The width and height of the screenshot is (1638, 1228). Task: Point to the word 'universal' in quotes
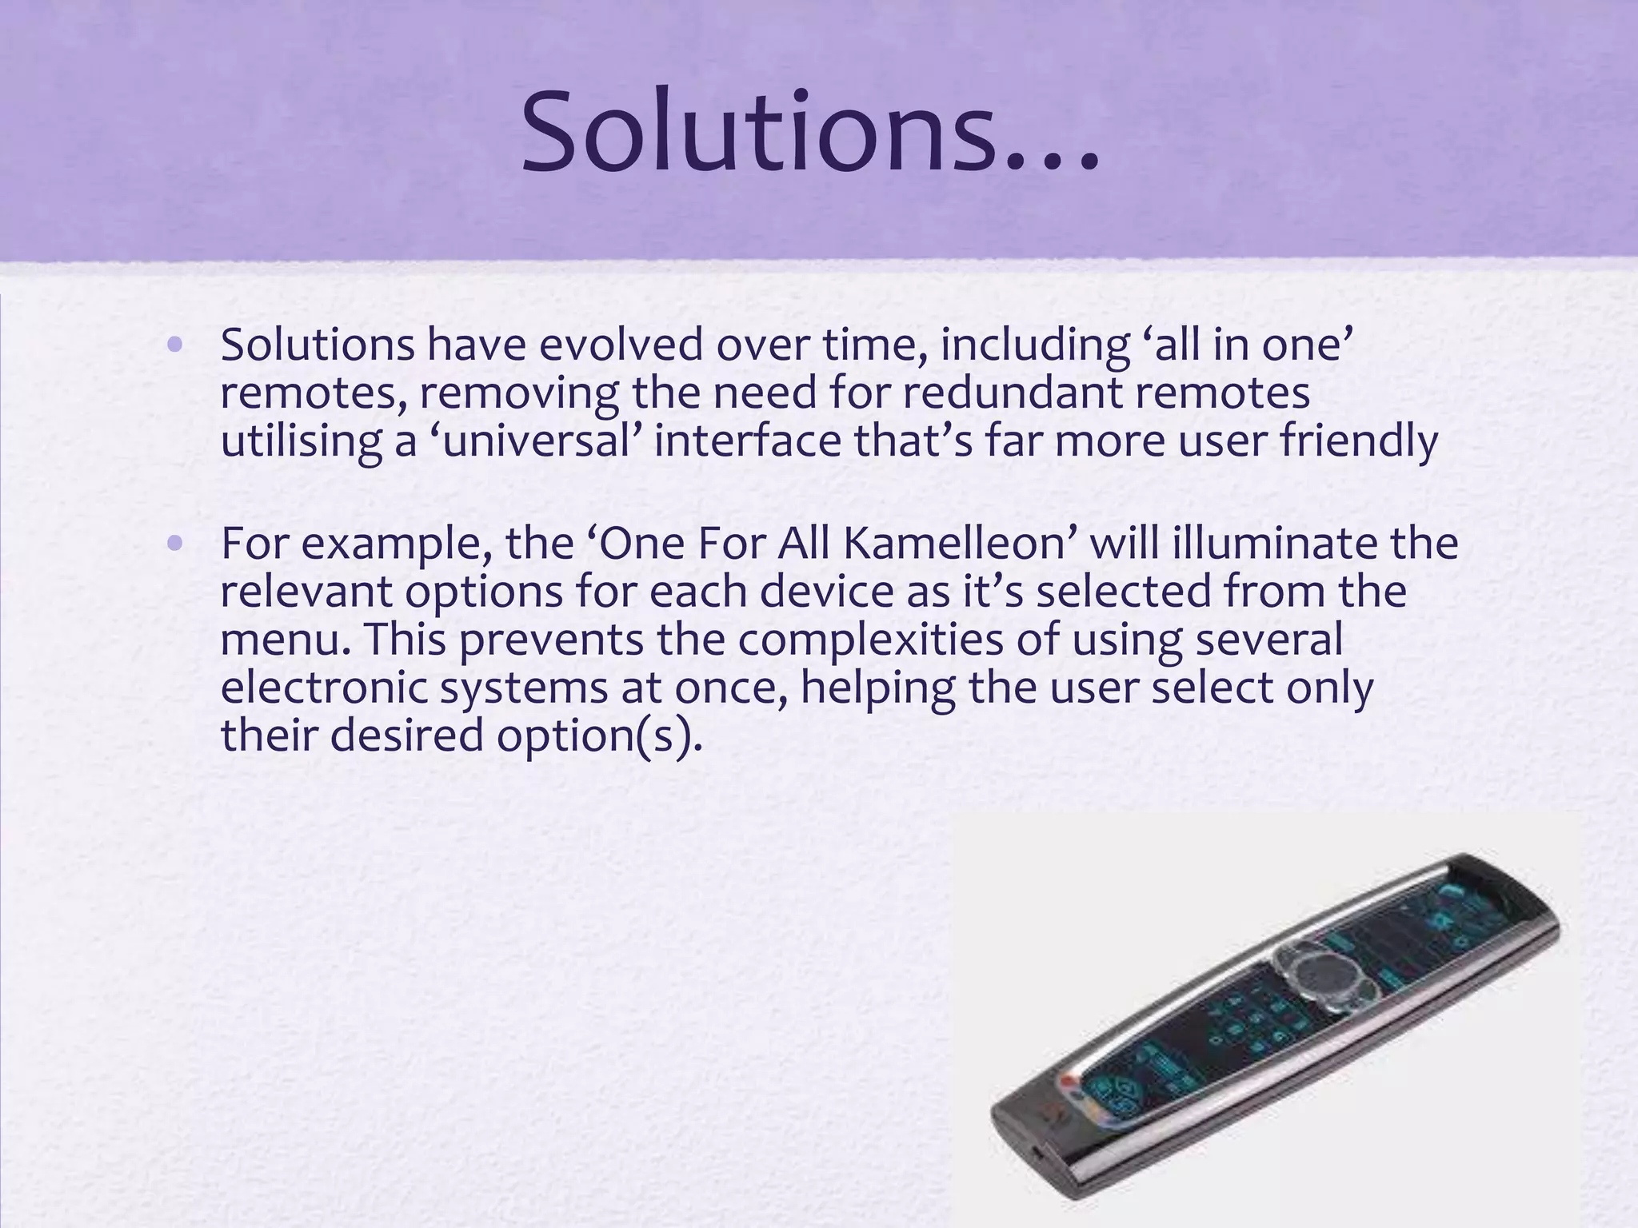[x=536, y=441]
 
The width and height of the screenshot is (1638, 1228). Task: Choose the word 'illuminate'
[x=1275, y=544]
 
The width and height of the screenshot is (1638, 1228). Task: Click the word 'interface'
[x=748, y=441]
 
